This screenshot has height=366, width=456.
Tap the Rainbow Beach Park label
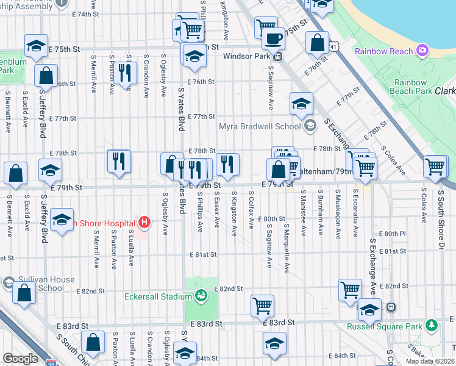point(410,87)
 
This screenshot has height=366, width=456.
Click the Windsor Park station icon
point(277,56)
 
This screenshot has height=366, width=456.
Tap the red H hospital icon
point(144,222)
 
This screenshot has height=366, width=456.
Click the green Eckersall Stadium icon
point(201,297)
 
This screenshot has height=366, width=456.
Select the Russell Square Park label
point(393,326)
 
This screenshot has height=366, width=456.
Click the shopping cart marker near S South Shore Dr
point(436,166)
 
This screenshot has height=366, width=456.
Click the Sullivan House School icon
point(9,283)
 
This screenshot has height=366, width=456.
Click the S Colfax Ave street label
point(251,209)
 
